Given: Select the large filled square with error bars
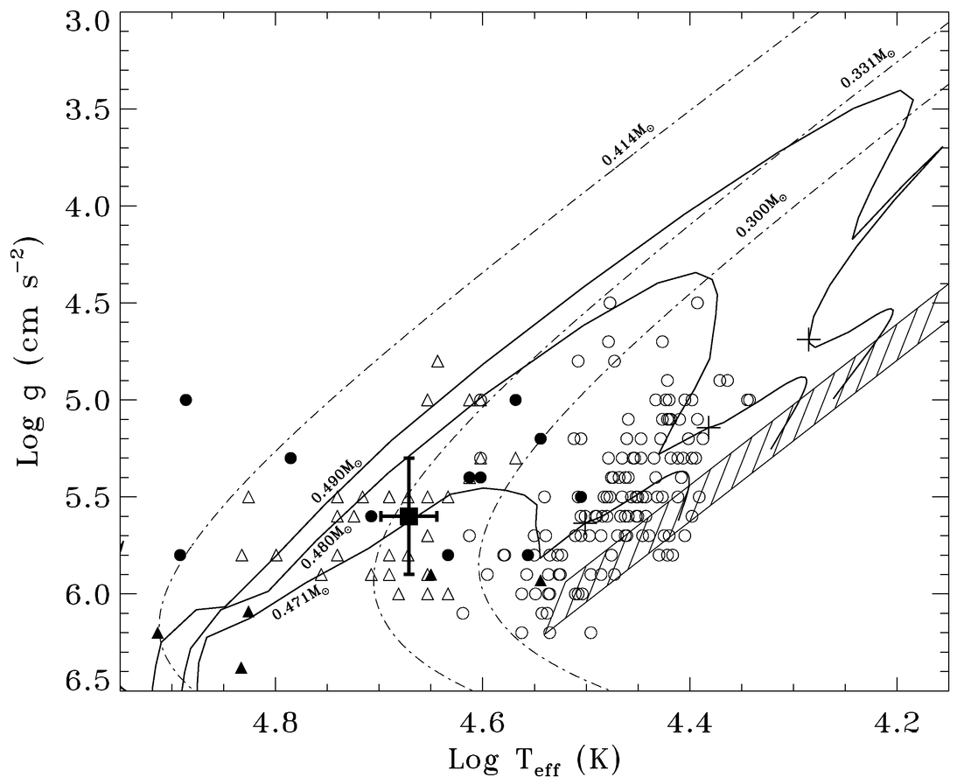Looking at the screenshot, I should pos(409,516).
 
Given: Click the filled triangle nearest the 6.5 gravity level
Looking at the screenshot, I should pos(241,668).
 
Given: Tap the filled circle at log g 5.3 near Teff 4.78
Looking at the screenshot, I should pos(290,458).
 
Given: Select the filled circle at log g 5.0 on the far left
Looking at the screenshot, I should pos(185,400).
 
